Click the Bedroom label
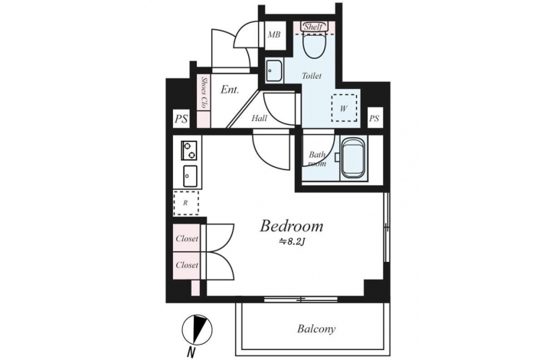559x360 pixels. coord(292,226)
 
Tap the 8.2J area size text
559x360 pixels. coord(293,242)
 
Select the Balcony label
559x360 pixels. coord(316,329)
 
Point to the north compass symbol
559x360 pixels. coord(197,329)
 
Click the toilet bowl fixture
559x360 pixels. coord(314,44)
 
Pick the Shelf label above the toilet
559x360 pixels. coord(314,27)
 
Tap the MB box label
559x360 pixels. coord(274,34)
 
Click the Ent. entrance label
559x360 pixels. coord(230,90)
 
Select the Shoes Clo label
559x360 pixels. coord(204,93)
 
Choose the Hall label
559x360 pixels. coord(259,118)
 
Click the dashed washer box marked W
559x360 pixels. coord(344,108)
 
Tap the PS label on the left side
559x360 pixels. coord(181,119)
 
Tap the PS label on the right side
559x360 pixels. coord(374,118)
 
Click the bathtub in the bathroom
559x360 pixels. coord(353,158)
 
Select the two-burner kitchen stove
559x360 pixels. coord(189,150)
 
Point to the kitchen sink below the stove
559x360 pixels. coord(190,176)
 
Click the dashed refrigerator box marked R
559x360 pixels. coord(186,203)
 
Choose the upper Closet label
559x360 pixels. coord(187,238)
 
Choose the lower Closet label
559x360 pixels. coord(187,265)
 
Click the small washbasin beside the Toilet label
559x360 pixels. coord(274,71)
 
